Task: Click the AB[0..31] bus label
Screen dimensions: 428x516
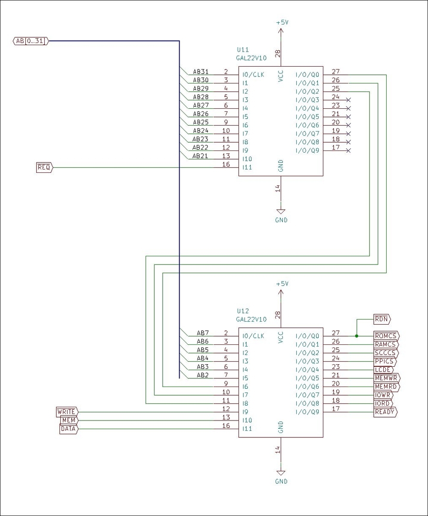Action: coord(31,41)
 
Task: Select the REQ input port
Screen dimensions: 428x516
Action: coord(44,168)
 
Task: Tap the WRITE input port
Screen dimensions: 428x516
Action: coord(67,412)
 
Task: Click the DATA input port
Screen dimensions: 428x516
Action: coord(69,429)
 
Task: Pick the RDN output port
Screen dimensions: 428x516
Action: coord(382,319)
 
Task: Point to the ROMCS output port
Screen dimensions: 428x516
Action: coord(386,336)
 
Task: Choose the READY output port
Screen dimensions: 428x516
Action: coord(385,412)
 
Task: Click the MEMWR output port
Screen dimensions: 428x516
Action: coord(387,378)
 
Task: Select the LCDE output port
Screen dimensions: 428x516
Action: coord(384,370)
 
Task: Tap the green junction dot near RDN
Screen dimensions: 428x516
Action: coord(357,336)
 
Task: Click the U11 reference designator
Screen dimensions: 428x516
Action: coord(243,50)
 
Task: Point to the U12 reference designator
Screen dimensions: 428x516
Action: coord(243,311)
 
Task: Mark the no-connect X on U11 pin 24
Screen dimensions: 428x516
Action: coord(348,100)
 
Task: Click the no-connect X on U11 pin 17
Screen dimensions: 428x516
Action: coord(348,150)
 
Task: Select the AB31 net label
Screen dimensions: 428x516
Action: coord(201,72)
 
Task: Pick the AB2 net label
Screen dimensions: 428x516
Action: coord(203,375)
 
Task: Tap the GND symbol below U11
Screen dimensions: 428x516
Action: coord(281,212)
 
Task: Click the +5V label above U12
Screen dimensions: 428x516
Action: coord(282,284)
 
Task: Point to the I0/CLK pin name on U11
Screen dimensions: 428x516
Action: coord(253,75)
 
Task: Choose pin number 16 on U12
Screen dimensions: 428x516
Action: coord(226,426)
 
